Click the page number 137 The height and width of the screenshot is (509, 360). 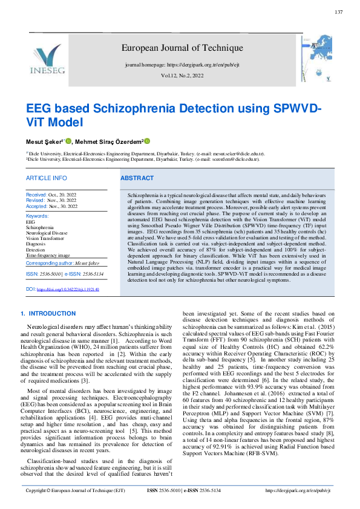click(x=338, y=12)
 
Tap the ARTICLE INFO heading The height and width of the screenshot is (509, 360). click(x=46, y=178)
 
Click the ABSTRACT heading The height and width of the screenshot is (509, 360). click(x=137, y=178)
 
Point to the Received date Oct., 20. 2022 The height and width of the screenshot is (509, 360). click(x=51, y=195)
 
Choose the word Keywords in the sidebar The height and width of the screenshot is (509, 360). click(x=38, y=216)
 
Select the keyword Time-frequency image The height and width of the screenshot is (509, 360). click(x=48, y=256)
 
